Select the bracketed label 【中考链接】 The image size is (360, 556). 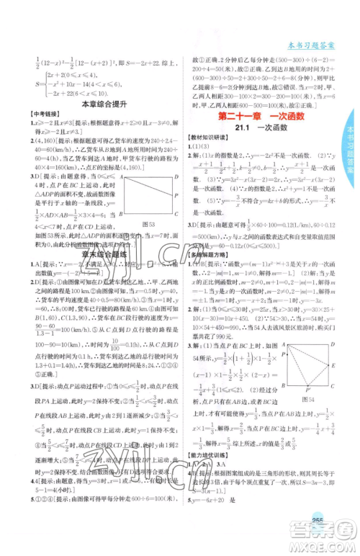click(31, 117)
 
